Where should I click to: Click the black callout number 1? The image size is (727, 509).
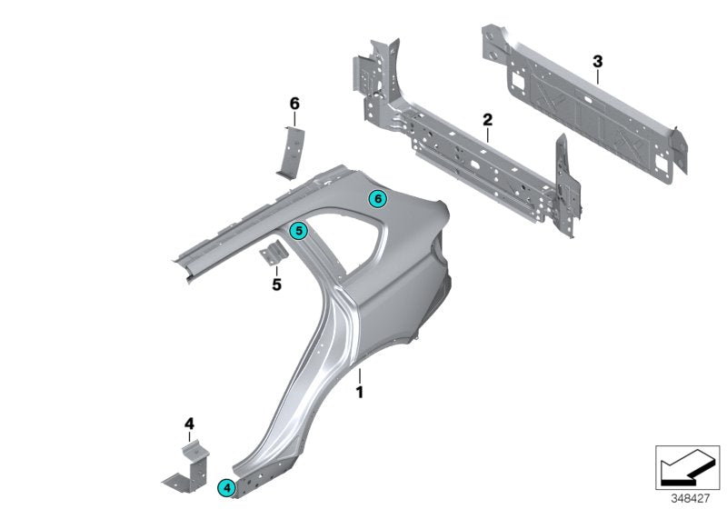point(359,393)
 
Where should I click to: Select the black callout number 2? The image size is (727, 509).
point(487,119)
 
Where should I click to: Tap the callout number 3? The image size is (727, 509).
point(597,61)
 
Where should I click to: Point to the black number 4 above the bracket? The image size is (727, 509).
point(189,423)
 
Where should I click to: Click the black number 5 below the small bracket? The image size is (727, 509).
point(276,284)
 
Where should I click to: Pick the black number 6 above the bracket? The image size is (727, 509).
point(294,104)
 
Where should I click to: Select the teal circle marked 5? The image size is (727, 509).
point(297,232)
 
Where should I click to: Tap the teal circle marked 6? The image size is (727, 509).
point(377,198)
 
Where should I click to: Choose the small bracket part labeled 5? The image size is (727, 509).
point(274,255)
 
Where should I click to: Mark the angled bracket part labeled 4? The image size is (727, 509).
point(185,464)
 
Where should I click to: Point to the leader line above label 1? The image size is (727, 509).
point(359,375)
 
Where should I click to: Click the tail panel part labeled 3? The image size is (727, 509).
point(582,100)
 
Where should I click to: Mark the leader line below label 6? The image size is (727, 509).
point(294,120)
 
